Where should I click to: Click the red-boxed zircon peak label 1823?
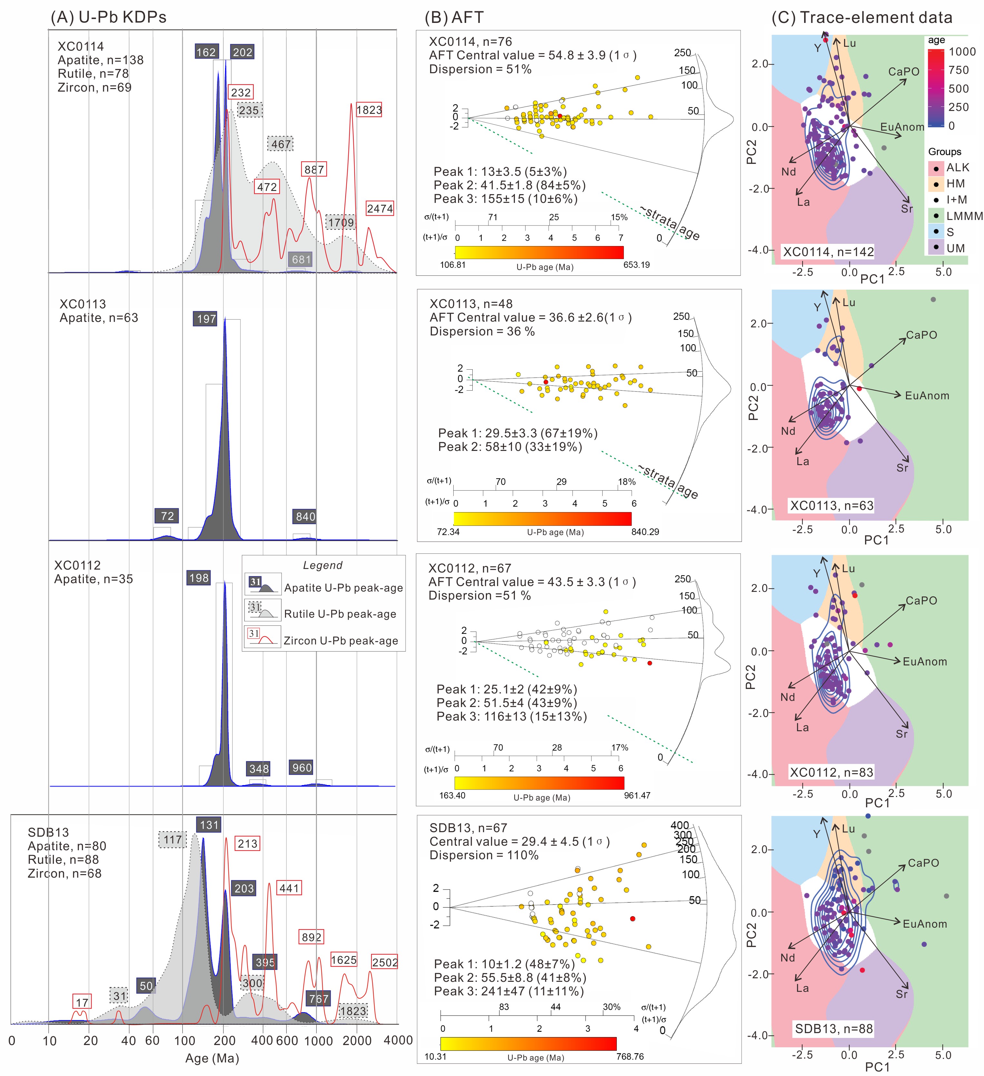pyautogui.click(x=369, y=110)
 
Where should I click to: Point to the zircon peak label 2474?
pyautogui.click(x=379, y=209)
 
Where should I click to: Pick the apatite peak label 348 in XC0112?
pyautogui.click(x=259, y=769)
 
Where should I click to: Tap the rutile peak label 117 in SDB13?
pyautogui.click(x=172, y=840)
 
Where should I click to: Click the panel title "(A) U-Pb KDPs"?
pyautogui.click(x=108, y=17)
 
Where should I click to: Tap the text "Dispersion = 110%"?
pyautogui.click(x=484, y=855)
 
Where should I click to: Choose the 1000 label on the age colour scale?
pyautogui.click(x=961, y=52)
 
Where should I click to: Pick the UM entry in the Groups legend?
pyautogui.click(x=955, y=248)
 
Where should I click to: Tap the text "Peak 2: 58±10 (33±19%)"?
pyautogui.click(x=510, y=447)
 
